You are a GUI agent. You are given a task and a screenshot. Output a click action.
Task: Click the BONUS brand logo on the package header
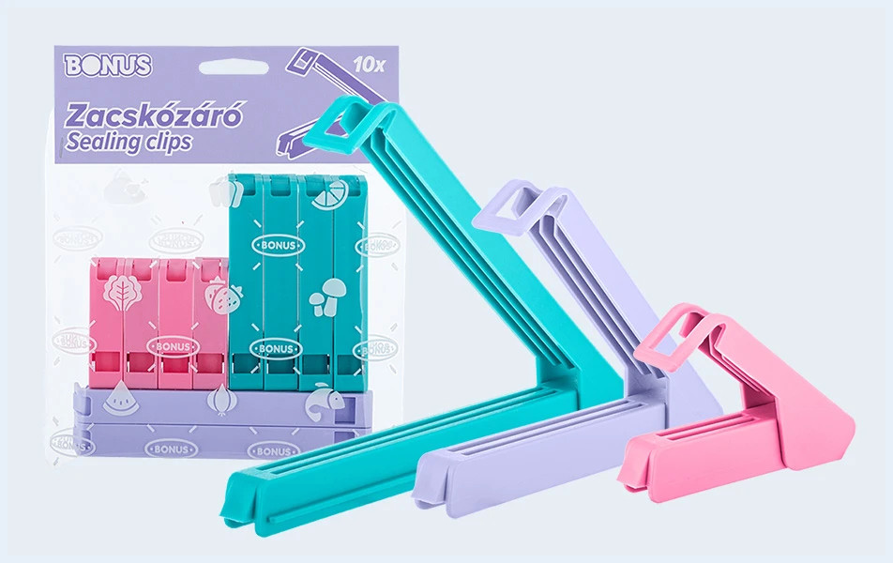pyautogui.click(x=108, y=66)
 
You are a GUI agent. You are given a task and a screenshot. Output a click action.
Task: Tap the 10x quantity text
pyautogui.click(x=369, y=65)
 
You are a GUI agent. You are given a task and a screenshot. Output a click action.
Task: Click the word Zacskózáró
pyautogui.click(x=155, y=115)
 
